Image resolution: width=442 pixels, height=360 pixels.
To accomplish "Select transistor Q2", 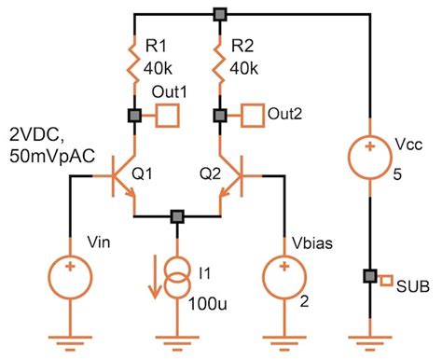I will pos(232,174).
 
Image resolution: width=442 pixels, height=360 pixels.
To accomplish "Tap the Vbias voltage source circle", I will pos(286,273).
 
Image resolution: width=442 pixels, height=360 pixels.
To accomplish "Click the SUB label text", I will pos(412,285).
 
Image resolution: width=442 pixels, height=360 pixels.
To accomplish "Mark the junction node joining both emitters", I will pos(177,216).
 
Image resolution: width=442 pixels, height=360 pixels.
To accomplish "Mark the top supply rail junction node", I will pos(221,14).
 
